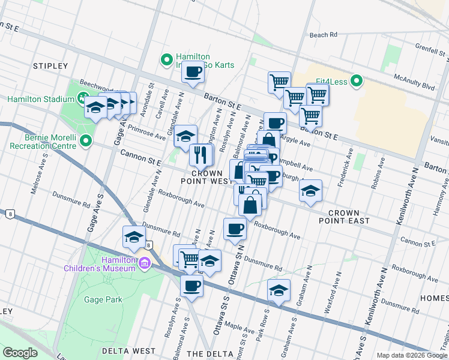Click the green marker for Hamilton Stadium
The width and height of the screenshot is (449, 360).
pos(83,99)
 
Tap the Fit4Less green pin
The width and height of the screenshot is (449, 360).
pos(356,80)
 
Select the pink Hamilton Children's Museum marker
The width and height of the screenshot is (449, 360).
pos(144,263)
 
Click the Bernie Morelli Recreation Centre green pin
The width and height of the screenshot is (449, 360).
pos(86,142)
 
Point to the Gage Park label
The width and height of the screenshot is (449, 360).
pos(103,299)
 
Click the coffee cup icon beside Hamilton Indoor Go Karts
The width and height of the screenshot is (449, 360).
pos(193,73)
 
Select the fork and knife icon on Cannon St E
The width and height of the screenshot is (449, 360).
pos(201,155)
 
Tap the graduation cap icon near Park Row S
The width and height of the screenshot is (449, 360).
pos(279,291)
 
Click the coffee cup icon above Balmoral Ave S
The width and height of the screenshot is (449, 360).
pos(191,286)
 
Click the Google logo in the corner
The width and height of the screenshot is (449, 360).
pos(20,352)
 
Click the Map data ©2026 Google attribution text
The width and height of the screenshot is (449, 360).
pos(411,355)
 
